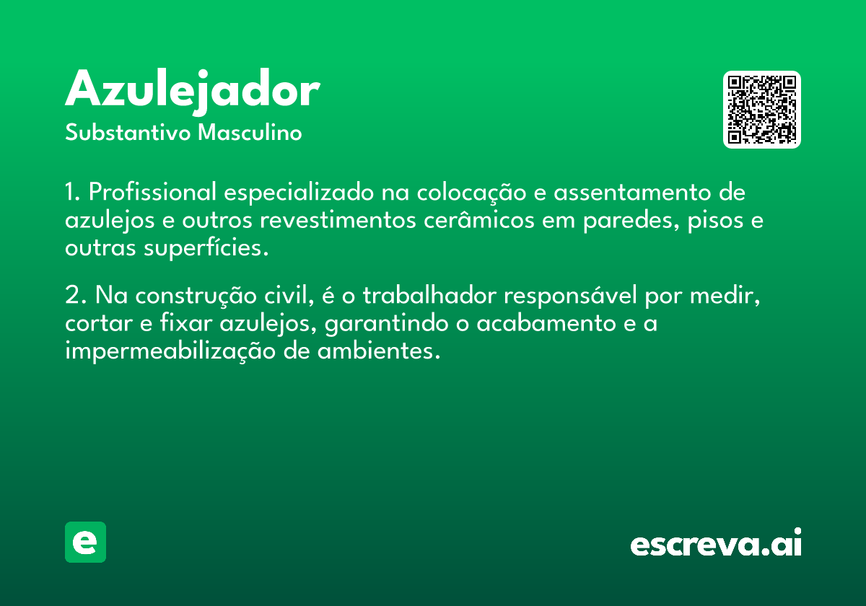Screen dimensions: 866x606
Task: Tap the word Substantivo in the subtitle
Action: [x=128, y=132]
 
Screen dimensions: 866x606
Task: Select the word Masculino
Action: [x=250, y=132]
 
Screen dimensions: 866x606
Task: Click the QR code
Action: [x=761, y=110]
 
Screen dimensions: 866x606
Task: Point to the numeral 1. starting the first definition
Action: [x=73, y=192]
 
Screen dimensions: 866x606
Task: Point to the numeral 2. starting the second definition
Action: [x=76, y=295]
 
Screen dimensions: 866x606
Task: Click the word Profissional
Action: [x=152, y=192]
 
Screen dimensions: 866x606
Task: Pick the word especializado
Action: [x=299, y=193]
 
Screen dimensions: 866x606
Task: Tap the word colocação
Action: [x=471, y=193]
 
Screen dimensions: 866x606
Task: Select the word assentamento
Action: [x=632, y=193]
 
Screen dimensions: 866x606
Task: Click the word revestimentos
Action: [x=338, y=220]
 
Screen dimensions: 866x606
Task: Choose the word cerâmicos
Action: [x=478, y=219]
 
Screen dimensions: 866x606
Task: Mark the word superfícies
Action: [x=206, y=248]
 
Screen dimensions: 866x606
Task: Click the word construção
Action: [x=196, y=296]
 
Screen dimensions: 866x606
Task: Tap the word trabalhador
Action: [x=429, y=295]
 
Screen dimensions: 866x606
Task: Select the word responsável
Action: [x=570, y=296]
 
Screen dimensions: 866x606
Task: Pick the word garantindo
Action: [x=386, y=324]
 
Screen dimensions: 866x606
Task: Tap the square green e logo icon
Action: [x=85, y=542]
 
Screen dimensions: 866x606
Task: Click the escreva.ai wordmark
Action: [x=716, y=543]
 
